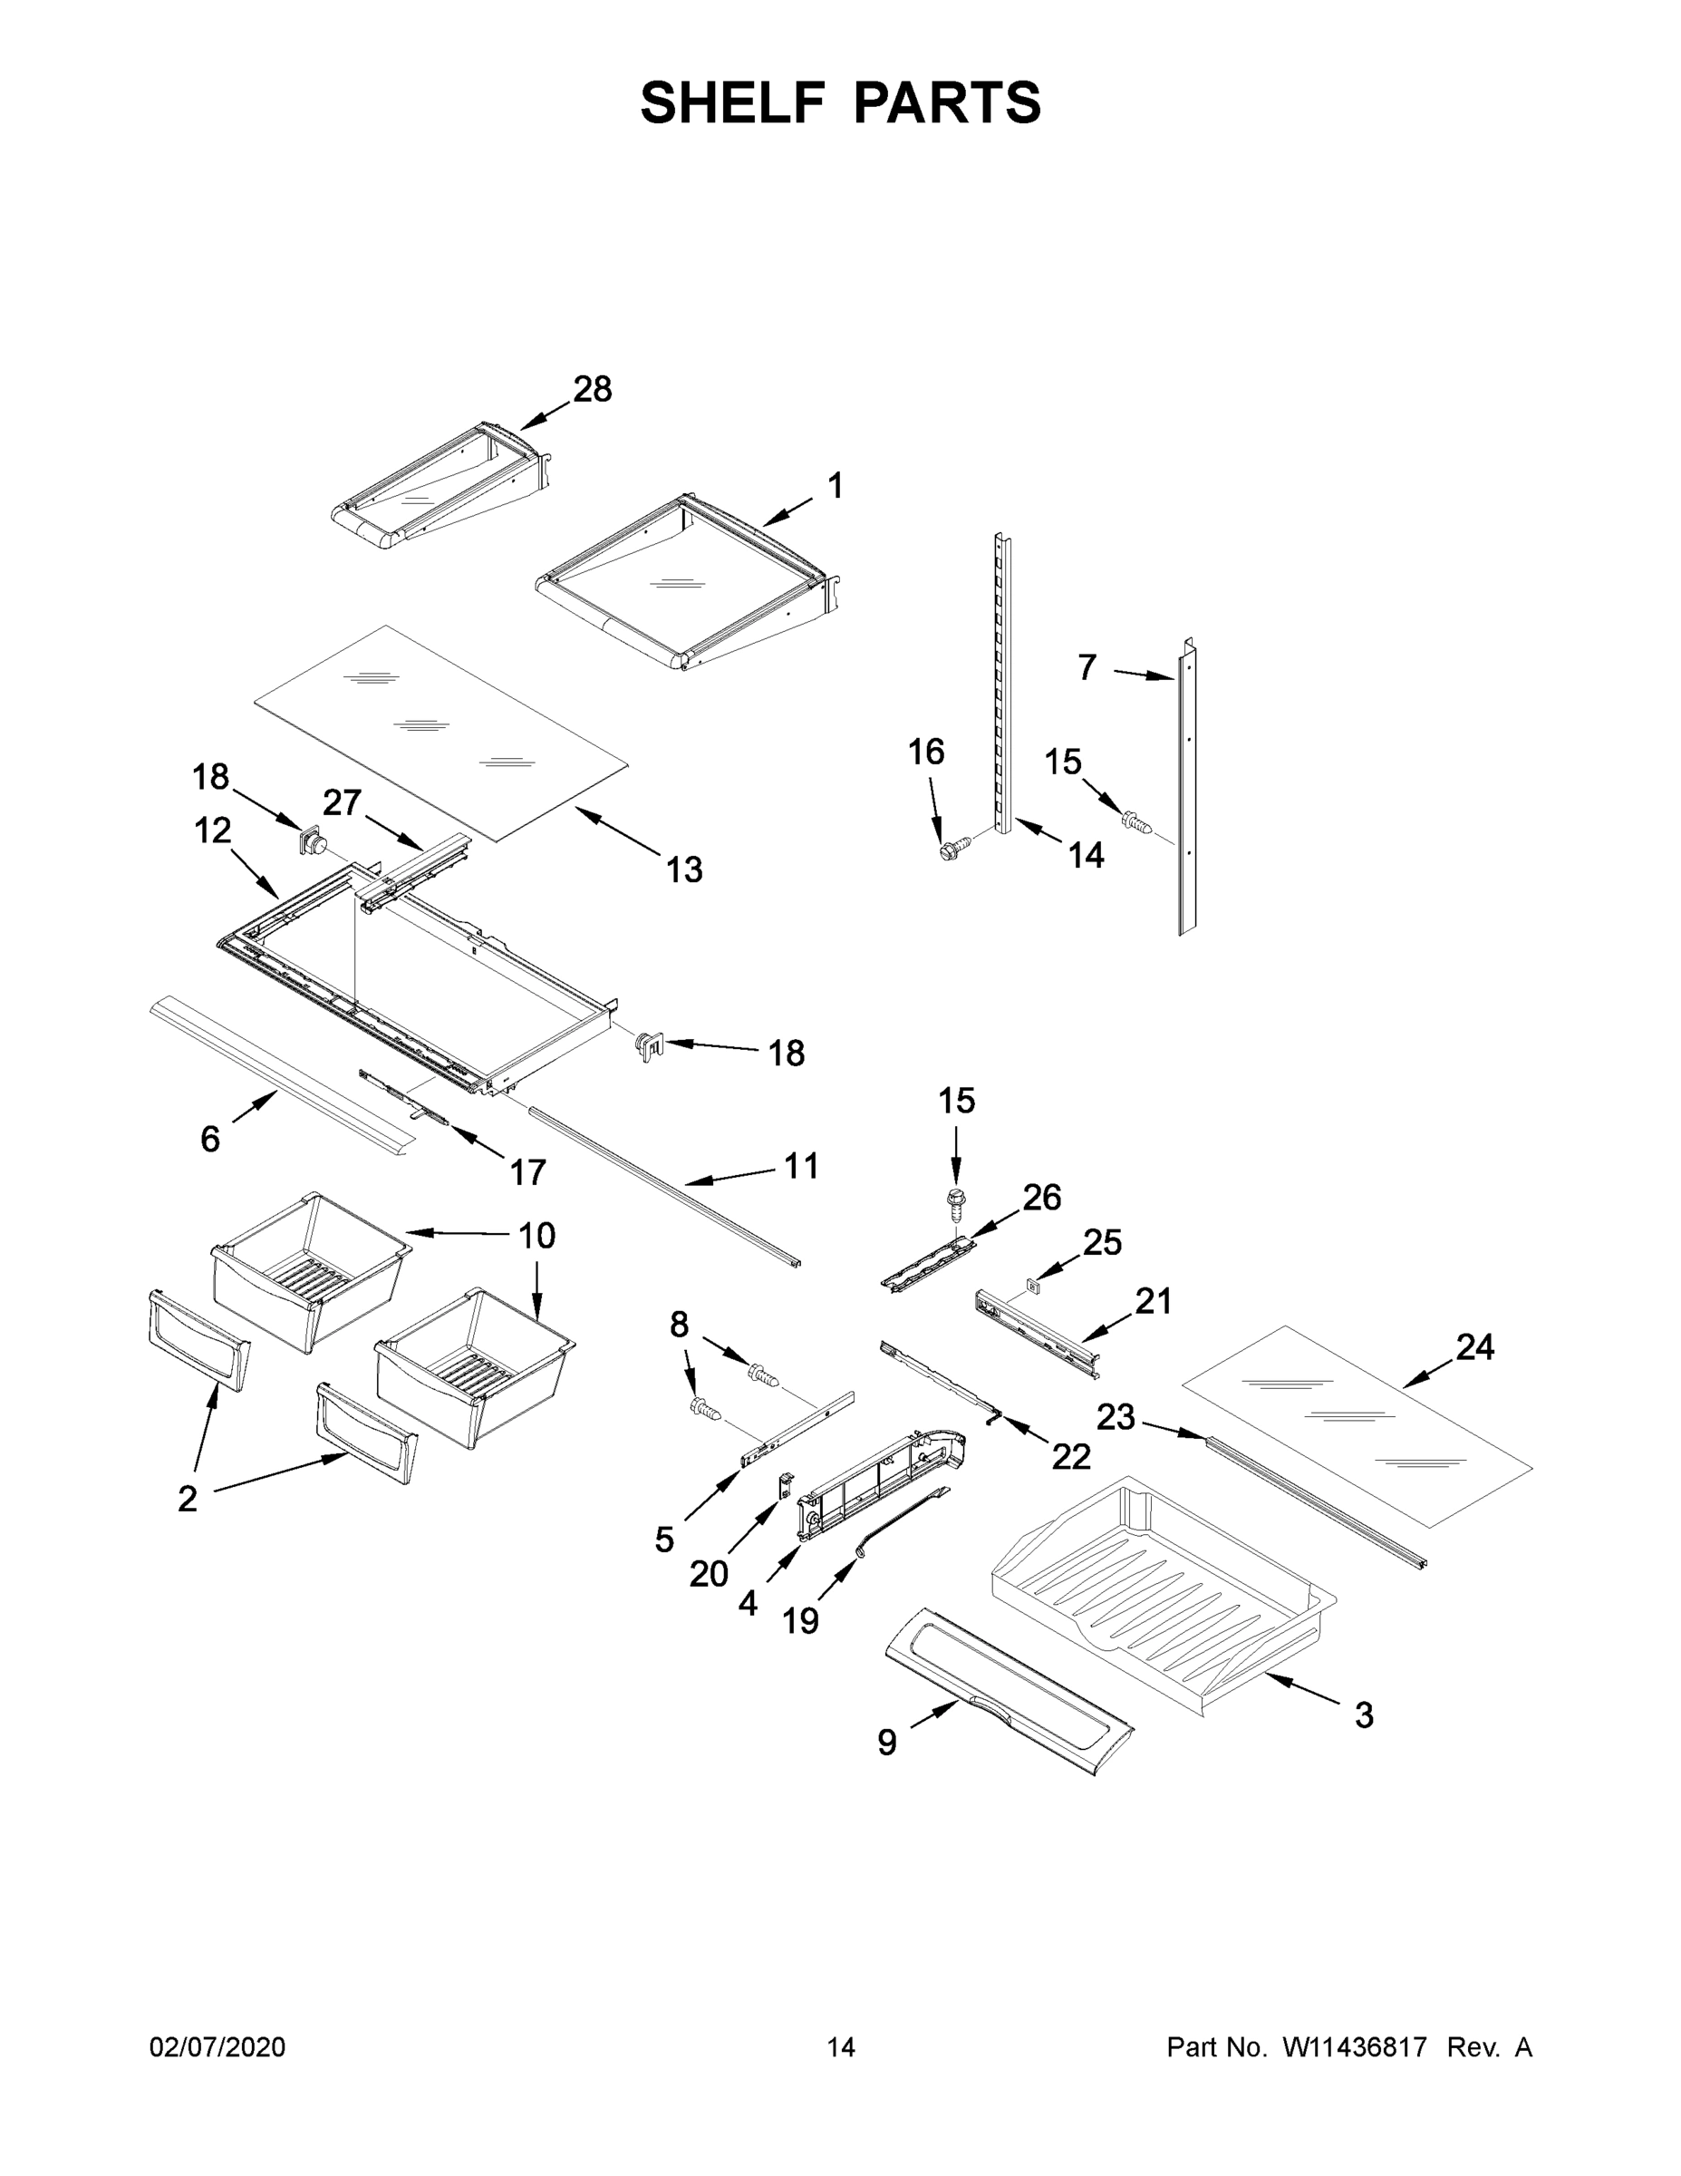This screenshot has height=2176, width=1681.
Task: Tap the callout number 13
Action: click(x=684, y=869)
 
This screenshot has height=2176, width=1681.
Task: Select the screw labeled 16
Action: click(x=950, y=850)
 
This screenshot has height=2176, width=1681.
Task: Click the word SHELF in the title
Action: click(x=733, y=102)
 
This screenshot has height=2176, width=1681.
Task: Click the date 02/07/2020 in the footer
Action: click(x=217, y=2046)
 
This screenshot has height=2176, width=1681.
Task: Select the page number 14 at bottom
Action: click(x=841, y=2046)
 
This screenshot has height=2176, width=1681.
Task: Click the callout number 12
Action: click(x=212, y=830)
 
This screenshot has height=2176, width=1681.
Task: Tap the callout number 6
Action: click(x=209, y=1138)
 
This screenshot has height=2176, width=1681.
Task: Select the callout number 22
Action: click(x=1070, y=1457)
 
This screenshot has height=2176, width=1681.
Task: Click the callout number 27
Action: click(x=342, y=802)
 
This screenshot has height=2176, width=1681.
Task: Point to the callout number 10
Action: click(x=536, y=1236)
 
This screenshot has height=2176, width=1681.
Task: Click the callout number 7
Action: click(x=1087, y=666)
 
